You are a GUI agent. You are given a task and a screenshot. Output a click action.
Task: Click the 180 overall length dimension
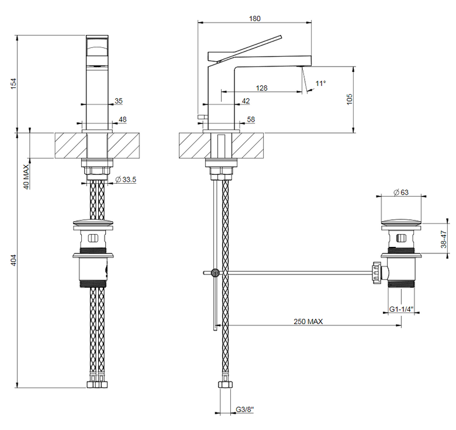pos(255,18)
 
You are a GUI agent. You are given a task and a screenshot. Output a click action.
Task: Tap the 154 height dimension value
pos(13,84)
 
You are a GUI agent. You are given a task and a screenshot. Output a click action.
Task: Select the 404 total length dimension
pos(13,260)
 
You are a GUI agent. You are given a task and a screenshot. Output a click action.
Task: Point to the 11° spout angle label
pos(320,84)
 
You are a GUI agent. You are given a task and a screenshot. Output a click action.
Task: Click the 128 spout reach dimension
pos(261,88)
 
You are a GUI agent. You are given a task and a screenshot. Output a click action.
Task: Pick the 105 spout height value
pos(349,99)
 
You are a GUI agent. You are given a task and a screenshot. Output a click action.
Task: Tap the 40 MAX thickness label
pos(26,177)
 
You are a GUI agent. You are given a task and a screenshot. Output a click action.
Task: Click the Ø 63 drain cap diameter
pos(401,192)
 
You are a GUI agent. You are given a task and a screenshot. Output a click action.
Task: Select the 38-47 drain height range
pos(444,239)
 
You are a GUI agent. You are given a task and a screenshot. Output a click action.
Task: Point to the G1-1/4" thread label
pos(401,309)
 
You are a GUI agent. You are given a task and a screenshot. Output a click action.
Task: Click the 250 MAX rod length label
pos(308,321)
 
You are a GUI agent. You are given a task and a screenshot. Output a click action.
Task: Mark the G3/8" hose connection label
pos(244,410)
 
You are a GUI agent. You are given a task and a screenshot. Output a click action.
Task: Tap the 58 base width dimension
pos(251,119)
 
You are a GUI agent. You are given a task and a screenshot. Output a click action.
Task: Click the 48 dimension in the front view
pos(123,119)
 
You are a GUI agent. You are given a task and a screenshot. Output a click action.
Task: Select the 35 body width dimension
pos(119,101)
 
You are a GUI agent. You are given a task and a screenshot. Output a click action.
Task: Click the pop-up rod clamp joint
pos(215,273)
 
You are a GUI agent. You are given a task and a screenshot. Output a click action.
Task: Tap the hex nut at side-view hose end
pos(225,384)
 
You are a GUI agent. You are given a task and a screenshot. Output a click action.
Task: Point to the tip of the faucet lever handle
pos(281,37)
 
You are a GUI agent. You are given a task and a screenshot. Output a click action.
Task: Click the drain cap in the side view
pos(401,223)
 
